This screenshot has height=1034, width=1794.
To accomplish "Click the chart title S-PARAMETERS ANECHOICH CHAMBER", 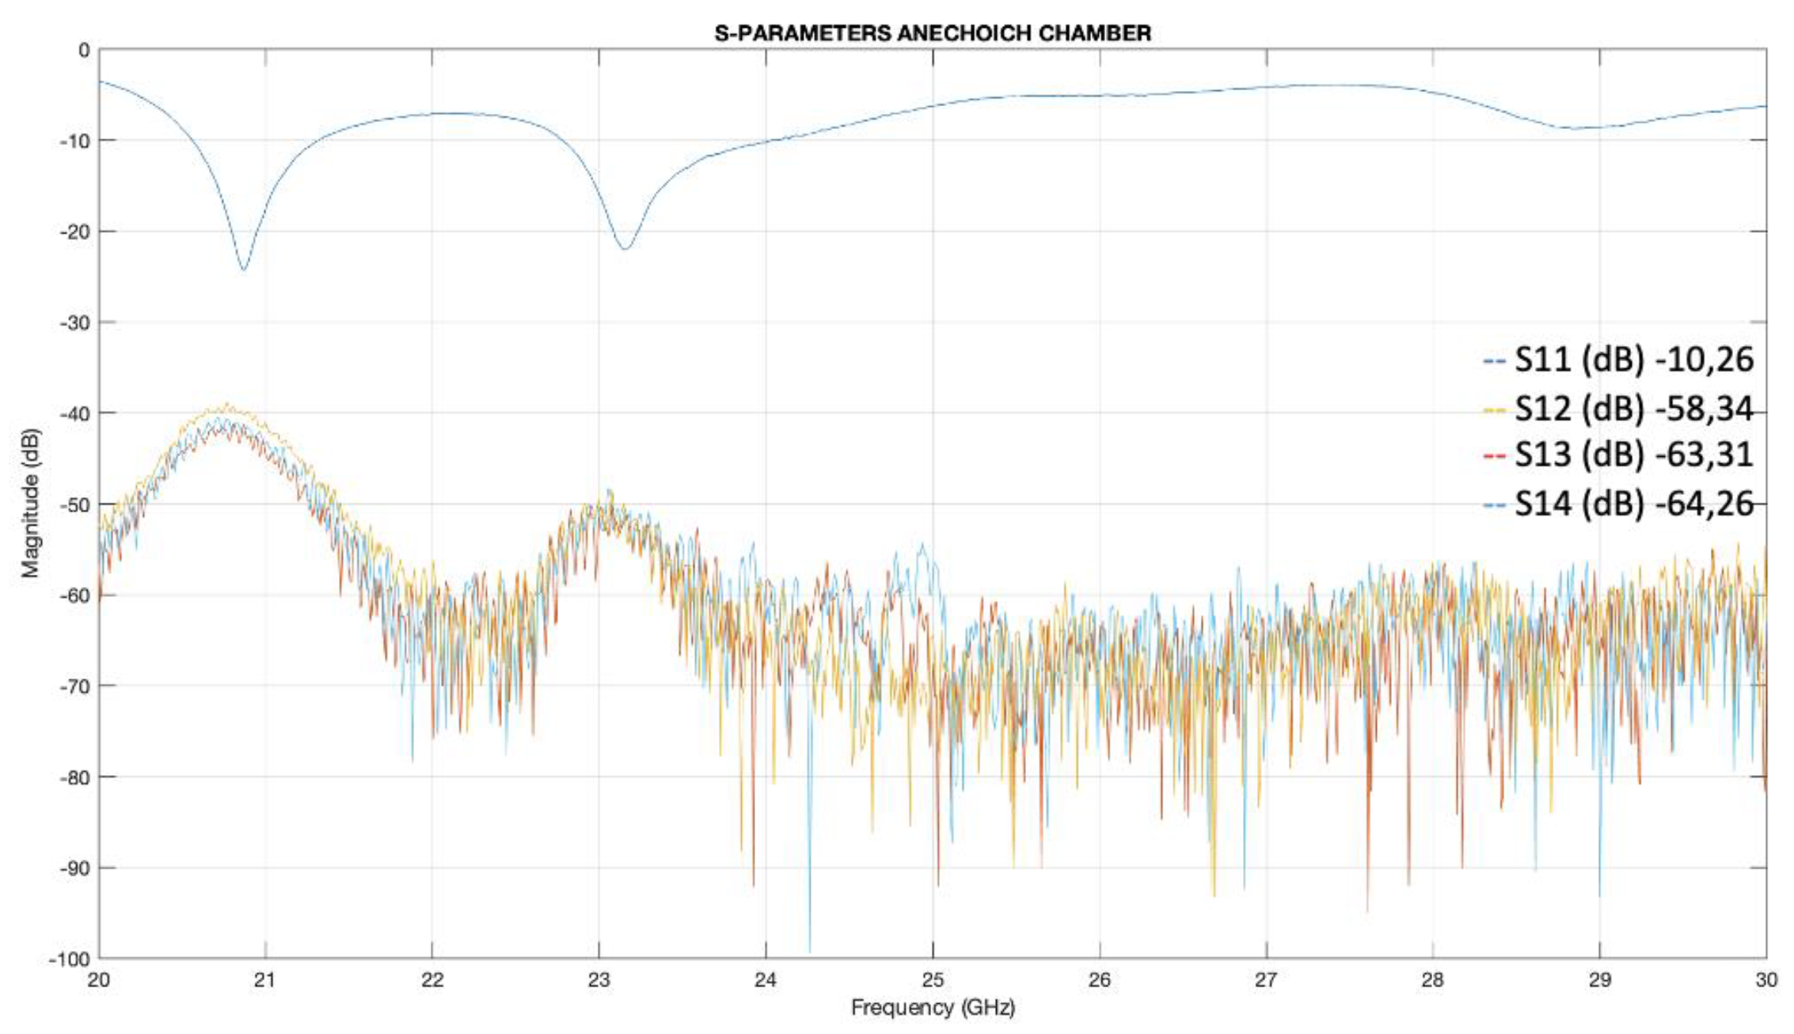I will (932, 33).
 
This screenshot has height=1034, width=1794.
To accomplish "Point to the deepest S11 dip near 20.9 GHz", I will (243, 270).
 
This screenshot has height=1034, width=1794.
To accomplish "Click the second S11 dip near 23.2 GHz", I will (625, 249).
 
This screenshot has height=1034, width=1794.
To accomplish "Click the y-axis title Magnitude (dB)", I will (30, 504).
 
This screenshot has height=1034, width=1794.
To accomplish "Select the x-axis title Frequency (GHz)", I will (932, 1008).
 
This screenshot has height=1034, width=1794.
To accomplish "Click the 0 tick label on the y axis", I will (83, 51).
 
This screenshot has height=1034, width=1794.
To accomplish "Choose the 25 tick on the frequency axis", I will (933, 980).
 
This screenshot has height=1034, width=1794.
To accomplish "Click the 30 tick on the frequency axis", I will (1765, 980).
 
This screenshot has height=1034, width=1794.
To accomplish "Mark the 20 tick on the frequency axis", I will (99, 980).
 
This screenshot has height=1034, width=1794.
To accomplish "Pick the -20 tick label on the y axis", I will (74, 232).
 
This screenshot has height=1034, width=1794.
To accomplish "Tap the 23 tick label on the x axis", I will (599, 980).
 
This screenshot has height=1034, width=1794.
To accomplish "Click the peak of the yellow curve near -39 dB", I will (227, 404).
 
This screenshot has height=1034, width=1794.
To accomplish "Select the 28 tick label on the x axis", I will (1432, 980).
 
